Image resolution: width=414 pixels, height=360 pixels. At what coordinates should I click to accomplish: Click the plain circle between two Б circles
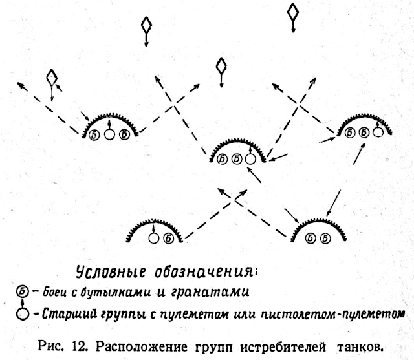click(x=109, y=134)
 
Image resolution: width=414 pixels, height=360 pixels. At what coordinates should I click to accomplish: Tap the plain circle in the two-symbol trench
click(x=154, y=238)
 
